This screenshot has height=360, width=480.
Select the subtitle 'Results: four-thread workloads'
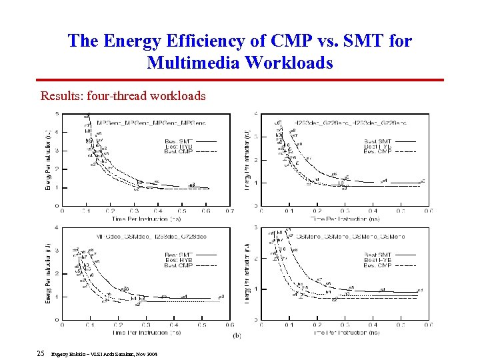pos(123,96)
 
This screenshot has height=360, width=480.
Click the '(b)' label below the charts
pos(237,335)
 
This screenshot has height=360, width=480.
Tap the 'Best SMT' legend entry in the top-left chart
pos(178,141)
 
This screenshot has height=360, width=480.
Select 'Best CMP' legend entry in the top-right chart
pos(377,152)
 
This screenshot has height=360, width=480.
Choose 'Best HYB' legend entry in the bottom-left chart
pos(178,260)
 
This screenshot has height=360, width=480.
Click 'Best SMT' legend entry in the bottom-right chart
pos(377,255)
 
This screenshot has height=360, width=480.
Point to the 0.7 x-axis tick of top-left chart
pos(229,211)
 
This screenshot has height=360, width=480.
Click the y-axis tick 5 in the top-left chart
pos(57,113)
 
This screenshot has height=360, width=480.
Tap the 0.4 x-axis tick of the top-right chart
pos(373,211)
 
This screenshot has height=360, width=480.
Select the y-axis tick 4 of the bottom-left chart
pos(57,228)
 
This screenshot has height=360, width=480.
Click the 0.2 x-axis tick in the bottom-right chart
pos(317,325)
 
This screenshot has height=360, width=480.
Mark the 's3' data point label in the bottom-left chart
pos(222,296)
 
